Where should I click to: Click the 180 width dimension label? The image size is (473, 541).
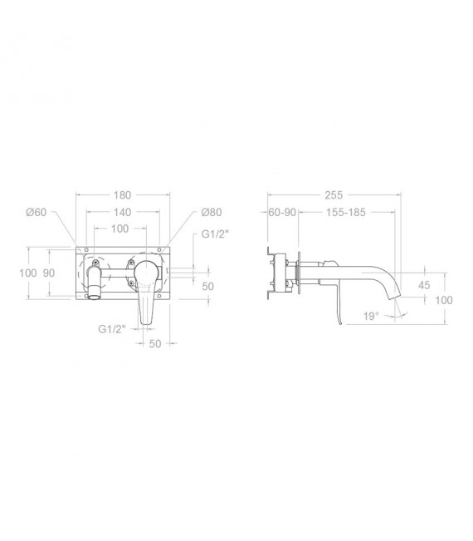(122, 195)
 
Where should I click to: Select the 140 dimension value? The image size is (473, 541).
(122, 212)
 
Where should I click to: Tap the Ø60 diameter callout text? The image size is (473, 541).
(37, 212)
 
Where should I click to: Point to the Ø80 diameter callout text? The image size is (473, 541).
(212, 212)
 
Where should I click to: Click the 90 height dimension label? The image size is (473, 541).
(49, 273)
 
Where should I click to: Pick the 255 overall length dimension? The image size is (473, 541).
(334, 195)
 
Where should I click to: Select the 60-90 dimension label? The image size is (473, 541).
(282, 212)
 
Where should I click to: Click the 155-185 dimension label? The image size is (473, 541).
(346, 212)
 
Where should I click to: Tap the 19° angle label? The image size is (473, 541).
(371, 316)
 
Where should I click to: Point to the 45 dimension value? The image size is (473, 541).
(424, 285)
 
